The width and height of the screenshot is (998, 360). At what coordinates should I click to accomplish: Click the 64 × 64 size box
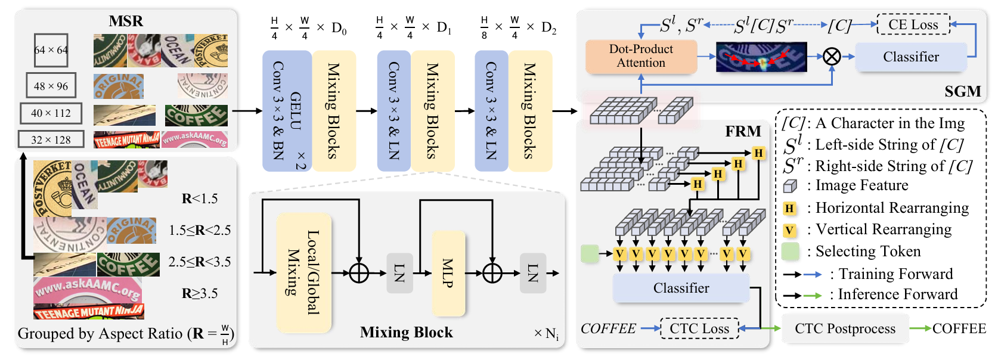[x=51, y=50]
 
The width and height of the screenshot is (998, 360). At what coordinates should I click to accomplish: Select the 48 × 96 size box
[x=51, y=86]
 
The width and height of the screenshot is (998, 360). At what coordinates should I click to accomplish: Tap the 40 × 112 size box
[x=51, y=113]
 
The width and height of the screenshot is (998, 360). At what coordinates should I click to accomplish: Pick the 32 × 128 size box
[x=51, y=139]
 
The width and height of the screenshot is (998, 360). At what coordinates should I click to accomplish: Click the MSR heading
[x=126, y=21]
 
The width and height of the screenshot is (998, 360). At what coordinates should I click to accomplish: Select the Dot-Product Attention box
[x=641, y=56]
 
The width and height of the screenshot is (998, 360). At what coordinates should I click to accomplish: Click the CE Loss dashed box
[x=913, y=25]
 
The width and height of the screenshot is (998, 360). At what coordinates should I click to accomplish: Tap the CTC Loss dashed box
[x=699, y=328]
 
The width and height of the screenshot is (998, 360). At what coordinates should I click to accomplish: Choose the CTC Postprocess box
[x=845, y=328]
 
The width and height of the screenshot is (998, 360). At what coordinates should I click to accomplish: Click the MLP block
[x=448, y=273]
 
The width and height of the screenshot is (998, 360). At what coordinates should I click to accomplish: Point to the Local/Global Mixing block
[x=303, y=272]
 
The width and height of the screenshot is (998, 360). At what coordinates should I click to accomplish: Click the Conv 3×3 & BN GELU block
[x=287, y=111]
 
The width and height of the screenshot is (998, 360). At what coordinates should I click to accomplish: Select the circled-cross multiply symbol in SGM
[x=832, y=57]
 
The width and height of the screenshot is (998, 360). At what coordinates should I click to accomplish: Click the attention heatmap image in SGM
[x=761, y=57]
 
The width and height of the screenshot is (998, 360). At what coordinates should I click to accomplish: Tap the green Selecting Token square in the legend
[x=790, y=252]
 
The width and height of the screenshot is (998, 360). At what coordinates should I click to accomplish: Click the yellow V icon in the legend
[x=790, y=230]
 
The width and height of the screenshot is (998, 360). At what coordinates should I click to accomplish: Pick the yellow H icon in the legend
[x=790, y=208]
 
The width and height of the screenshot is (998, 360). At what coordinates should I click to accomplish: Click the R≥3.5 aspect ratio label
[x=200, y=293]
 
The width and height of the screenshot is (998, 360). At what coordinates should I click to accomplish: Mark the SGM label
[x=962, y=91]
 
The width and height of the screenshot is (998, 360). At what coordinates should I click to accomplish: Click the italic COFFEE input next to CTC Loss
[x=608, y=328]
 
